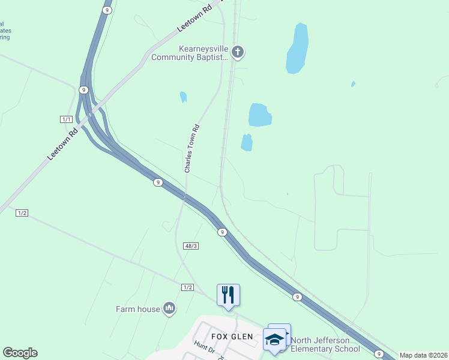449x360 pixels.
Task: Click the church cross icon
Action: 238,52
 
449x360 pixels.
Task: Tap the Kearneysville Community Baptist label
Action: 190,53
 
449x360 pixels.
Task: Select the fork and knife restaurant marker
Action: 228,295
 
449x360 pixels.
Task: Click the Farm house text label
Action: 138,309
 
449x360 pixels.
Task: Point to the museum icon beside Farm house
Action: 169,308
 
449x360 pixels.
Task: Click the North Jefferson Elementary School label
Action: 326,344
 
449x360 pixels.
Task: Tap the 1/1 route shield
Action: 66,119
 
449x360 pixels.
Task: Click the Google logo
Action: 20,353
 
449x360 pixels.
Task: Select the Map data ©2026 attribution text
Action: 423,355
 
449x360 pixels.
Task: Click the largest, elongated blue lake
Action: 298,48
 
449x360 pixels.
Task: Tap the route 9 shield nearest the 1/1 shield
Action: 83,89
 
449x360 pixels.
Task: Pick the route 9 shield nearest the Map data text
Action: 378,353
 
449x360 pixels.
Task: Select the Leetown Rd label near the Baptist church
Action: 196,20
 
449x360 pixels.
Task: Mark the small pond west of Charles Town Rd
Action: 183,97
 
